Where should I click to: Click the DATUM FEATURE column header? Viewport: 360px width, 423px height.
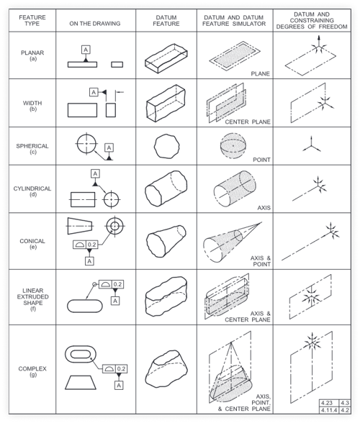(x=166, y=20)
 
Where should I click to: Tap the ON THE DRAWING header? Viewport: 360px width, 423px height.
(x=95, y=24)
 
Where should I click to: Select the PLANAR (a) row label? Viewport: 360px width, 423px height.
(x=32, y=55)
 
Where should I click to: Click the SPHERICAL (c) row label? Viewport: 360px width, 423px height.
(x=32, y=149)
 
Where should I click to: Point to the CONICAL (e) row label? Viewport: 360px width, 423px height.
(x=32, y=244)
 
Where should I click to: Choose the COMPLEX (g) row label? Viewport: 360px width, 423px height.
(x=32, y=371)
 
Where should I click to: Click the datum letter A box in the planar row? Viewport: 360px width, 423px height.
(x=86, y=50)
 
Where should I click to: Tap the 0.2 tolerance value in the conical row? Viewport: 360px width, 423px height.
(x=92, y=245)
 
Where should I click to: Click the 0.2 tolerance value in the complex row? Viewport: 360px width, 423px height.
(x=121, y=369)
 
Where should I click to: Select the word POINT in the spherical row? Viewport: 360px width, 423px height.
(x=261, y=160)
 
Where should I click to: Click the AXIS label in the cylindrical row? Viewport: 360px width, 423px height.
(x=264, y=208)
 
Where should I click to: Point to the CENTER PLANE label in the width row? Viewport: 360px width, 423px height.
(x=248, y=122)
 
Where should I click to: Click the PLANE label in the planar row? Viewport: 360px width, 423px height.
(x=261, y=73)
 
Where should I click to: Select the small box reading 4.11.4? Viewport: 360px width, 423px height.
(x=328, y=410)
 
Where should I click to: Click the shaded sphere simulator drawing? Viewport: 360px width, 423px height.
(x=233, y=145)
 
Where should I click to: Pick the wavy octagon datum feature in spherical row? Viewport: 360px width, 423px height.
(x=166, y=146)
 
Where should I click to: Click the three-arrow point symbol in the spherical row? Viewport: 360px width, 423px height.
(x=311, y=145)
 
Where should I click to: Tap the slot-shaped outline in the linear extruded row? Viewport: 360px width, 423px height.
(x=85, y=306)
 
